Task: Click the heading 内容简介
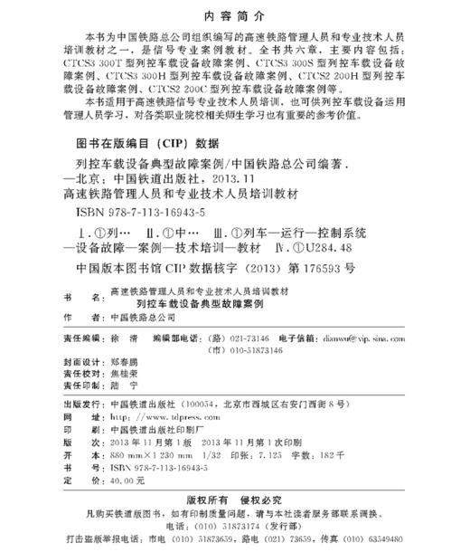click(x=235, y=17)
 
